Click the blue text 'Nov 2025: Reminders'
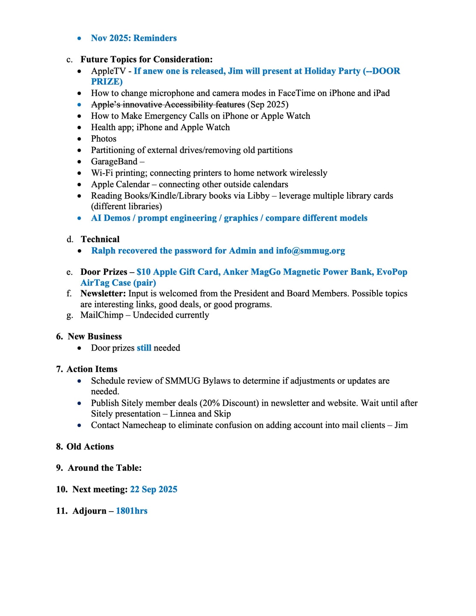(134, 38)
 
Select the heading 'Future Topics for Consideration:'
(146, 60)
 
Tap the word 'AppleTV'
(108, 71)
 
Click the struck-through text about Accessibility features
(168, 104)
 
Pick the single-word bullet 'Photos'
(104, 139)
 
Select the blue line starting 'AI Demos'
(229, 218)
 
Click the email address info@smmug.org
(310, 251)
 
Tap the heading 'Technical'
(100, 239)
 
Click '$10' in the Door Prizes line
(143, 272)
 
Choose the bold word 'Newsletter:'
(103, 294)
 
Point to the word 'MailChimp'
(101, 315)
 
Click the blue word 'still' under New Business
(144, 348)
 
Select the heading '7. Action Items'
(86, 369)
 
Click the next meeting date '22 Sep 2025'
(154, 490)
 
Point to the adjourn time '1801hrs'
(131, 511)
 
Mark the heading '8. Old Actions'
(85, 447)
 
